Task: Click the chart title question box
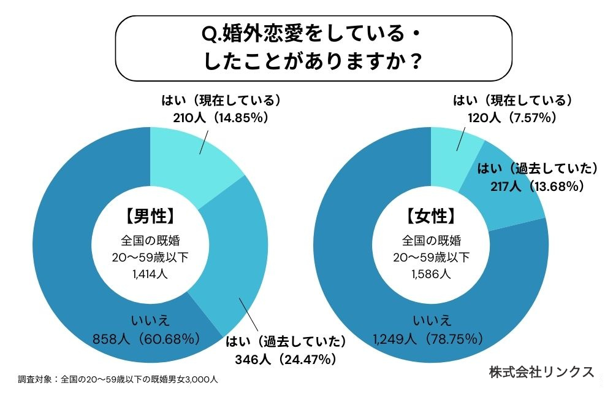point(313,48)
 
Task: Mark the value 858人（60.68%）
point(147,338)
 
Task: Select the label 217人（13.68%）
point(536,187)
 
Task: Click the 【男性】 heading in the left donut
point(150,216)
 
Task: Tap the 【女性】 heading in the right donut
point(432,216)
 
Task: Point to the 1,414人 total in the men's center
point(150,274)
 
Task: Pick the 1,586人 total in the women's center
point(432,274)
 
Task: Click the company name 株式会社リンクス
point(542,372)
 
